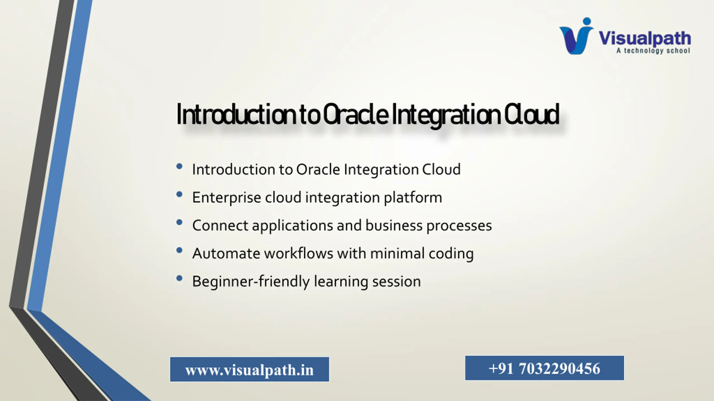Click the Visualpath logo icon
pos(576,36)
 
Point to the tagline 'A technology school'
pos(653,51)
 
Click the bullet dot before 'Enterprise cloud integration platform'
pos(179,194)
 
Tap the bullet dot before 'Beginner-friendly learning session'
pos(179,278)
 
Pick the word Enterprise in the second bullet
pos(227,198)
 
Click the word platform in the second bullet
pos(413,198)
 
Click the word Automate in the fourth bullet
pos(226,254)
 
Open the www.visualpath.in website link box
pos(250,370)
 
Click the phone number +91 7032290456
pos(544,368)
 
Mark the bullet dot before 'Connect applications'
pos(179,222)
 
